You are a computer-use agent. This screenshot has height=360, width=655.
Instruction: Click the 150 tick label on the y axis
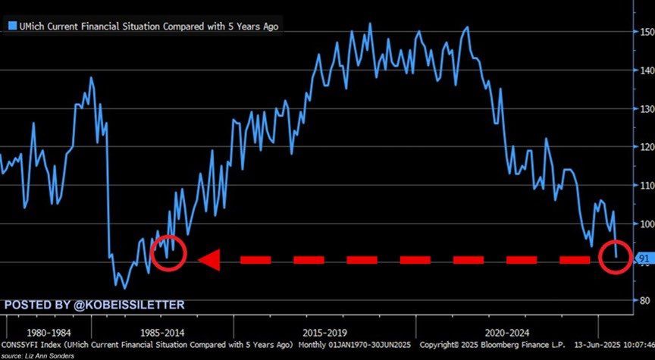point(646,33)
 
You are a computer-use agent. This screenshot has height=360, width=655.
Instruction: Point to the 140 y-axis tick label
point(646,70)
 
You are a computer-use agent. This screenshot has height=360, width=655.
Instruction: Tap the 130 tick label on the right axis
point(646,109)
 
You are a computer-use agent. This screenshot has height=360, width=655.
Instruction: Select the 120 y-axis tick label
point(646,147)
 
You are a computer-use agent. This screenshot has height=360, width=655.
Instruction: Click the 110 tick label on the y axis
point(646,186)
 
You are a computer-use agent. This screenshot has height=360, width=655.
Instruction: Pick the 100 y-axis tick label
point(646,224)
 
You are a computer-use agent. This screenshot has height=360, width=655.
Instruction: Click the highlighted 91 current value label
point(644,258)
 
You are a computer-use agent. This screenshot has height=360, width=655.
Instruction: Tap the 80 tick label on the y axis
point(644,300)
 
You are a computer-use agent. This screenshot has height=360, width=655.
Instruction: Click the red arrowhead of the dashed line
point(208,260)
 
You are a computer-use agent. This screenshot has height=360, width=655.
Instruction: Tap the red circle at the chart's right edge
point(615,257)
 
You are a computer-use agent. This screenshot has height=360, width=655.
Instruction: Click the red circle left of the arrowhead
point(169,253)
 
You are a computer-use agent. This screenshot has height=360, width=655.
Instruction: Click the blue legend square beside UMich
point(11,26)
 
